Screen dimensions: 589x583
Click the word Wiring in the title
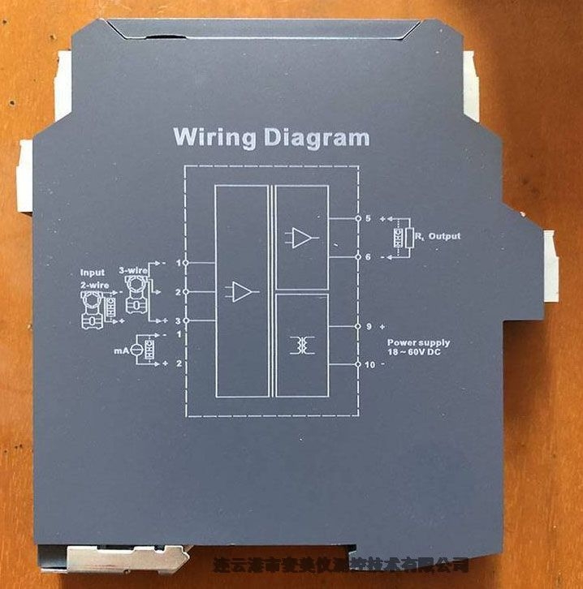coord(214,136)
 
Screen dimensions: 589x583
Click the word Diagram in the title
coord(317,137)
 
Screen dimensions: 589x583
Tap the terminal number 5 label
coord(368,218)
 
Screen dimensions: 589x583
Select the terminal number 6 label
coord(368,256)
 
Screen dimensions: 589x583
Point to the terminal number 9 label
coord(368,326)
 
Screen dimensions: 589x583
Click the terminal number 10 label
coord(370,364)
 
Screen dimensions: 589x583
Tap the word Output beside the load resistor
coord(444,236)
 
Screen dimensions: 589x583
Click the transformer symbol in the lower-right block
coord(302,345)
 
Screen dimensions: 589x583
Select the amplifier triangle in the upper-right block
coord(301,238)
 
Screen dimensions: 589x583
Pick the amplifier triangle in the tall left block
coord(241,292)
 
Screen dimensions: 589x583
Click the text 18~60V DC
coord(418,354)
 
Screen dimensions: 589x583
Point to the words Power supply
coord(418,343)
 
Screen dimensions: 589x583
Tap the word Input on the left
coord(93,273)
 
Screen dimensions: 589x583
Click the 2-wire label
coord(94,285)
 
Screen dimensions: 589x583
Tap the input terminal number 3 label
coord(177,321)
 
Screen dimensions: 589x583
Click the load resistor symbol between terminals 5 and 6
coord(399,237)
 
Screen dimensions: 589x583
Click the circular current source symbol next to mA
coord(136,350)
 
